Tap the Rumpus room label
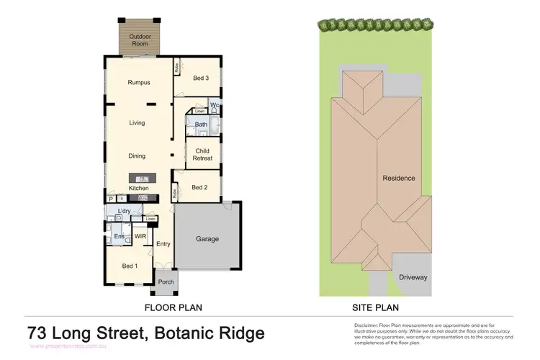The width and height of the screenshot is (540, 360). [x=138, y=82]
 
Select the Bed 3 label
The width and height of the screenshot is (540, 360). [x=201, y=79]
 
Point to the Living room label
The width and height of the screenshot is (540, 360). [x=137, y=123]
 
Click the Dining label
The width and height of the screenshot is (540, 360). [x=137, y=156]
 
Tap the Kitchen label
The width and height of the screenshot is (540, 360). [x=138, y=189]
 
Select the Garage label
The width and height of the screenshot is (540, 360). [x=207, y=239]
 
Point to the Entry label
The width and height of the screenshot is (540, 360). [x=163, y=244]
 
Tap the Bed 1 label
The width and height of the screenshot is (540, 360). [x=130, y=267]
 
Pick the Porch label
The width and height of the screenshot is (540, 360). [x=166, y=282]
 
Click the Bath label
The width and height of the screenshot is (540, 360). [x=202, y=125]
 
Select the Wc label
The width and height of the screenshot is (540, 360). [x=215, y=106]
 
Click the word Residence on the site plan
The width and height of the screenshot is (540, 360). [x=398, y=178]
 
